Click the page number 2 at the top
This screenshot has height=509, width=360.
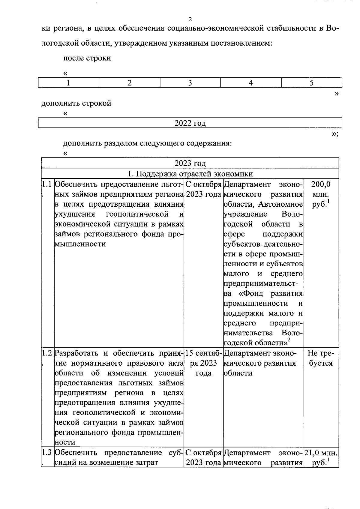(x=190, y=20)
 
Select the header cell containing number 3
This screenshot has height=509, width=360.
(x=190, y=83)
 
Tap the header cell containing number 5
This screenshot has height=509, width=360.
(x=311, y=83)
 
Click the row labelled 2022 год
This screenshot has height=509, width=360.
(x=190, y=123)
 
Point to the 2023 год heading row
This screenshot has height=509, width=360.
(x=190, y=163)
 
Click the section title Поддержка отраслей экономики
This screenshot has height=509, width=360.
(x=190, y=174)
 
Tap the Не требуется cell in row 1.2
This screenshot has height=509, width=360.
(x=320, y=358)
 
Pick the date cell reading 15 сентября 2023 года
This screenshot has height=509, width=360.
(x=203, y=363)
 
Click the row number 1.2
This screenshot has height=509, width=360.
(x=47, y=353)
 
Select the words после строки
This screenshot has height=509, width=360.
(x=87, y=58)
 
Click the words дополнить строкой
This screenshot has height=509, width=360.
(x=76, y=103)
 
